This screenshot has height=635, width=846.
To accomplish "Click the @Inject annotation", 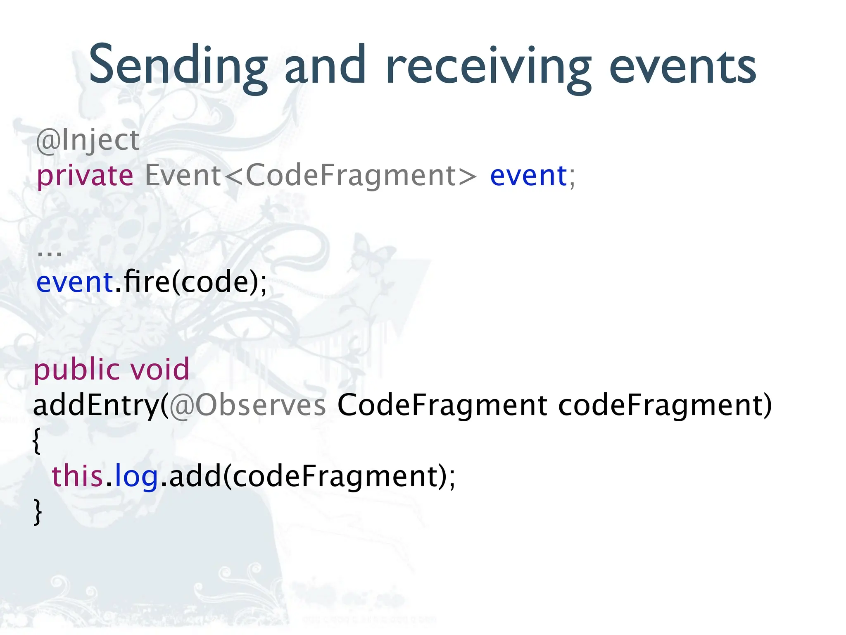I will pos(88,141).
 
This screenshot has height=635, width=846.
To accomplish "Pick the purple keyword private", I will pos(85,176).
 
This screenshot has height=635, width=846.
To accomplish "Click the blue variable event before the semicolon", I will pos(528,175).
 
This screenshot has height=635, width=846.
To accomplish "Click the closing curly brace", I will pos(38,512).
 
